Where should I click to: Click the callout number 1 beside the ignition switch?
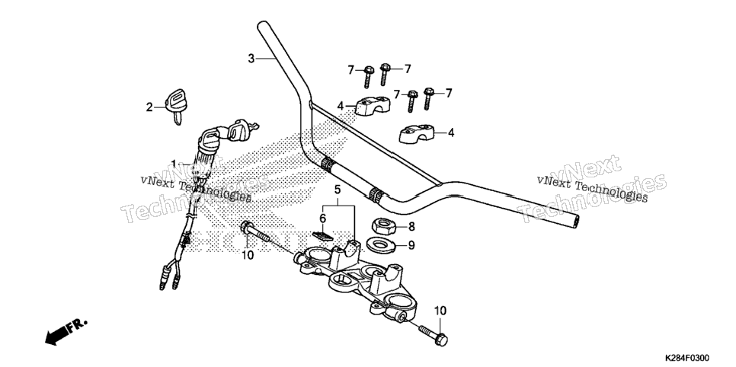point(174,164)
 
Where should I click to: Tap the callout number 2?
point(149,107)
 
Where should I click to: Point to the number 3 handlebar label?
point(251,59)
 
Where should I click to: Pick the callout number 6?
point(322,219)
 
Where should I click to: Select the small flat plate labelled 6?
point(322,235)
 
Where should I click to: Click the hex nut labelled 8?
point(382,227)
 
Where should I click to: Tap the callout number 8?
point(411,227)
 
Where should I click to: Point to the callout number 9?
point(411,245)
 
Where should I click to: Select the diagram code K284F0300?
point(686,358)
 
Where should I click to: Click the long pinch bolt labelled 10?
point(256,231)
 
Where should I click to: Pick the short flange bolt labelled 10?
point(433,333)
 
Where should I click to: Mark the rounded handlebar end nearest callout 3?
point(262,25)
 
